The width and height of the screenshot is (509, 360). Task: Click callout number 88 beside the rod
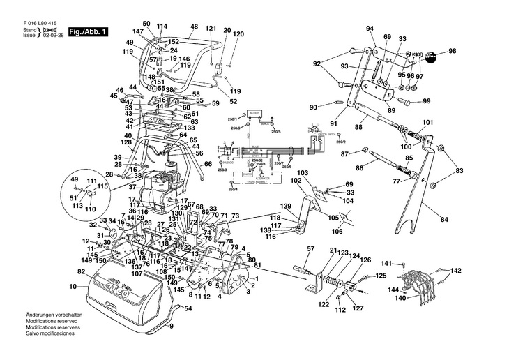pyautogui.click(x=358, y=128)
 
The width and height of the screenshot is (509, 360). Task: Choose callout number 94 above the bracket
pyautogui.click(x=370, y=29)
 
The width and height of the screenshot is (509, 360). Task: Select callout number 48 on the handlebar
pyautogui.click(x=174, y=27)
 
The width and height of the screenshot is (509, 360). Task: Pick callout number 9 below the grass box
pyautogui.click(x=170, y=327)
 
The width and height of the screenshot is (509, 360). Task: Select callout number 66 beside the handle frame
pyautogui.click(x=208, y=165)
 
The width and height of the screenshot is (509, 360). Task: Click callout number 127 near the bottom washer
pyautogui.click(x=358, y=308)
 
